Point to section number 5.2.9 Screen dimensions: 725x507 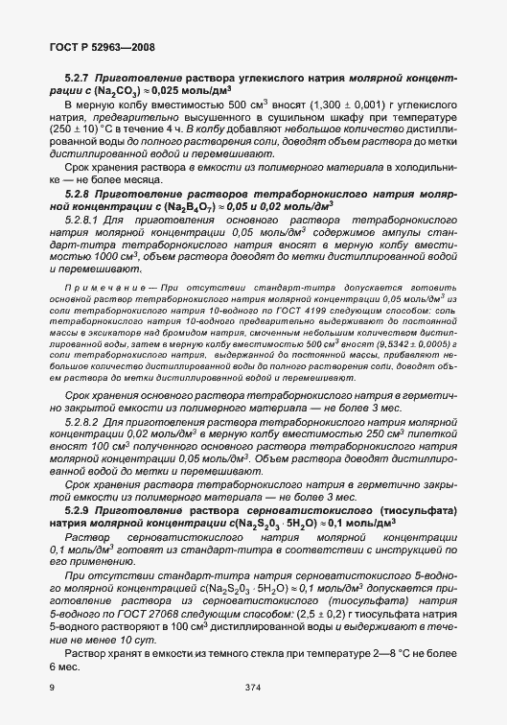coord(78,509)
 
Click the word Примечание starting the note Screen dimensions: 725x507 coord(108,288)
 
